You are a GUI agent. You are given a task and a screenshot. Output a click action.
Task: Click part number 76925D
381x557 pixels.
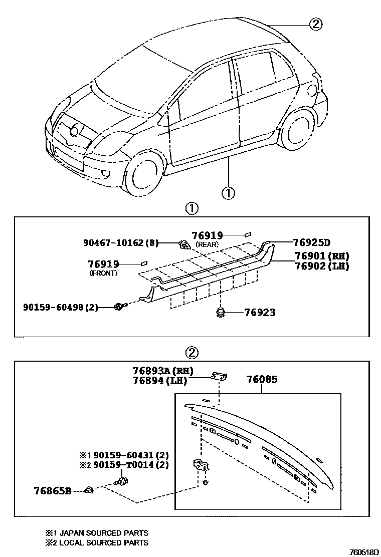pyautogui.click(x=311, y=243)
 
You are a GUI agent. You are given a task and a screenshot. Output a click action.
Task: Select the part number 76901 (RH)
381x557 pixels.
pyautogui.click(x=321, y=256)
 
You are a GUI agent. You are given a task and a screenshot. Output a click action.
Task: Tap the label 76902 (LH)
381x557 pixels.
pyautogui.click(x=321, y=266)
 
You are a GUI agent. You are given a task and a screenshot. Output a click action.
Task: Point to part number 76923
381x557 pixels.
pyautogui.click(x=260, y=313)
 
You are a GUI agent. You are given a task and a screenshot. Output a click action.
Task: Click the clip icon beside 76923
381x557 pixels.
pyautogui.click(x=220, y=313)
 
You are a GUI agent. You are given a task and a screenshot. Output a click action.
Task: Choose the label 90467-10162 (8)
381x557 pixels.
pyautogui.click(x=120, y=243)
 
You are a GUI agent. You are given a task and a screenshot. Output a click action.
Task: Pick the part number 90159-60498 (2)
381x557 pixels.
pyautogui.click(x=61, y=307)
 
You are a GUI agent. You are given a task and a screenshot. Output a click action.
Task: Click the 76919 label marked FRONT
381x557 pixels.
pyautogui.click(x=103, y=264)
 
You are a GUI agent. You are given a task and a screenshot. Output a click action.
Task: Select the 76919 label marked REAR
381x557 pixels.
pyautogui.click(x=207, y=235)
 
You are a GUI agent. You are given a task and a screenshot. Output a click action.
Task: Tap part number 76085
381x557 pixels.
pyautogui.click(x=261, y=380)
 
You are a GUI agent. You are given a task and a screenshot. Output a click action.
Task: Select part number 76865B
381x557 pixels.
pyautogui.click(x=53, y=490)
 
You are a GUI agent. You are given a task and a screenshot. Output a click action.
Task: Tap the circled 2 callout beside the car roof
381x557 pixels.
pyautogui.click(x=315, y=24)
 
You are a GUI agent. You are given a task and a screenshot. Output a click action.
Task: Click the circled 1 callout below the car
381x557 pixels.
pyautogui.click(x=228, y=192)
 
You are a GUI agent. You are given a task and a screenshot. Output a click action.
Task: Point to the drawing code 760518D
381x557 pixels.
pyautogui.click(x=363, y=551)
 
